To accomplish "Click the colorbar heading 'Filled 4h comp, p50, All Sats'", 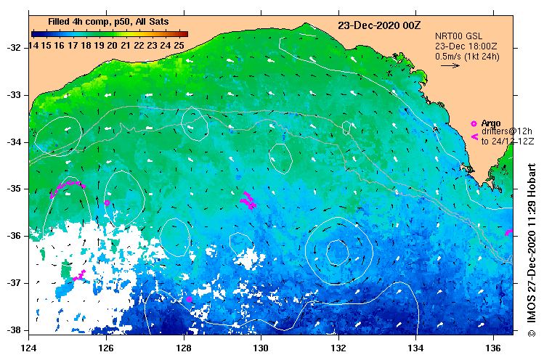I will (109, 22).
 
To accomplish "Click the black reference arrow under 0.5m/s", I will (450, 65).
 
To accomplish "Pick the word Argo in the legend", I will (491, 123).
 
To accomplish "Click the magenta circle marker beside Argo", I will (474, 123).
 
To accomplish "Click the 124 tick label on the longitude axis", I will (29, 339).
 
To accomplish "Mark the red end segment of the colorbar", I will (183, 33).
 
